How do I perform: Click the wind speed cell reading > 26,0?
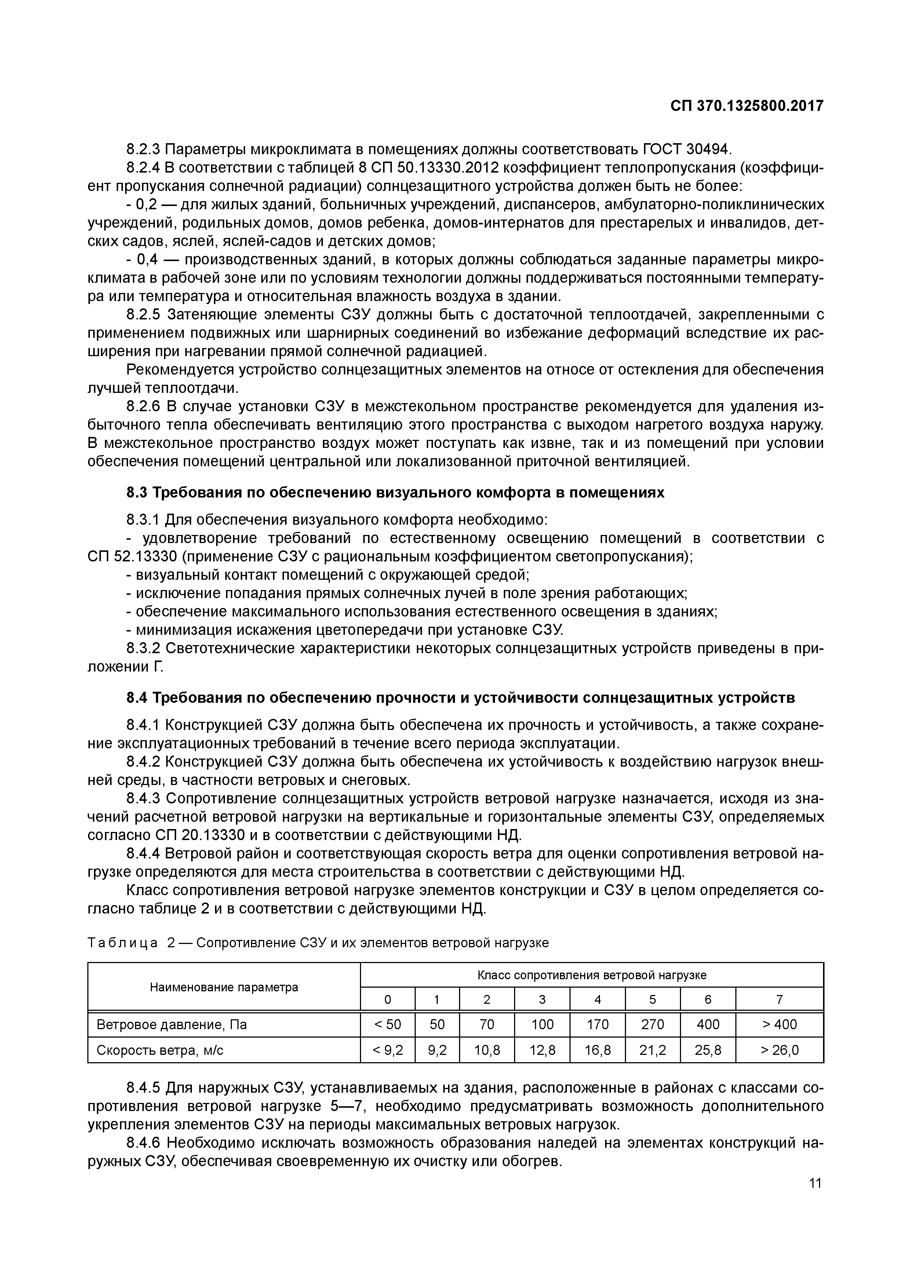[779, 1050]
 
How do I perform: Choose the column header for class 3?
[542, 999]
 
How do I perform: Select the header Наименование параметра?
[224, 987]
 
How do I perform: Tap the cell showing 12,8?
[542, 1050]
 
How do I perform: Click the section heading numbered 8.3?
[395, 492]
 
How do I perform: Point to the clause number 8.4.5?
[143, 1088]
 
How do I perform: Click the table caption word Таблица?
[122, 943]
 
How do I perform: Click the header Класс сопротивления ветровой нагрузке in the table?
[591, 975]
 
